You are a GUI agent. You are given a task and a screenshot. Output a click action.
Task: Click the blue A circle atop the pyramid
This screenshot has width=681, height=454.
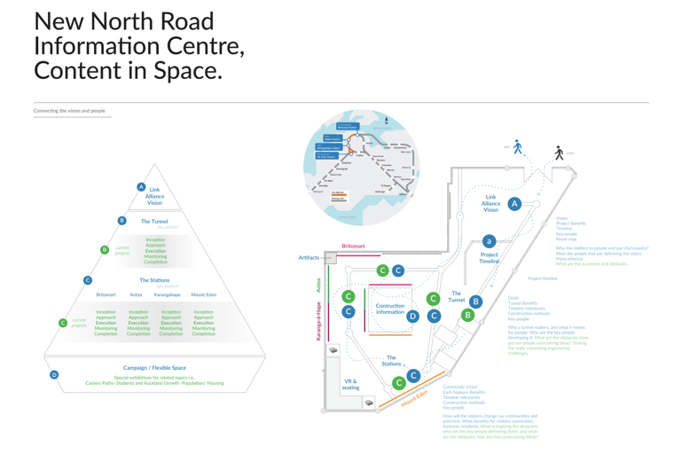click(x=141, y=187)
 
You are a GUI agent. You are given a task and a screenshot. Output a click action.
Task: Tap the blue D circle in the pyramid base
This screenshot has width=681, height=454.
click(x=54, y=375)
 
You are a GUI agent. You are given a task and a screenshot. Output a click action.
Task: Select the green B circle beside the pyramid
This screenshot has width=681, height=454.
click(x=105, y=250)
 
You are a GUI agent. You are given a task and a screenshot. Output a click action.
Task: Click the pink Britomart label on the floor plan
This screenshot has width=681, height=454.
click(x=353, y=247)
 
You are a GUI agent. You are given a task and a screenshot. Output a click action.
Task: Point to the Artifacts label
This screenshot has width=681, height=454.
click(x=309, y=258)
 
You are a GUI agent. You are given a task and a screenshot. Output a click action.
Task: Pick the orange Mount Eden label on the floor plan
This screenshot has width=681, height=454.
click(x=414, y=398)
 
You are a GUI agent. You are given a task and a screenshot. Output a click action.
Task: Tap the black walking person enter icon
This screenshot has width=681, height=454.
click(x=559, y=153)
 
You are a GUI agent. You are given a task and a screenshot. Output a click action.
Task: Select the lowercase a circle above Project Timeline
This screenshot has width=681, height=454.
click(x=489, y=241)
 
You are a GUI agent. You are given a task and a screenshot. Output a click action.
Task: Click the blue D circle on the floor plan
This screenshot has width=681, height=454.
click(x=412, y=316)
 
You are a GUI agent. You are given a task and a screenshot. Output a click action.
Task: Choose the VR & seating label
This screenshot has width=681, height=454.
click(x=351, y=384)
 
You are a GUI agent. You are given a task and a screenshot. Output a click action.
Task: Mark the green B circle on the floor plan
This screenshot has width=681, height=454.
click(x=467, y=314)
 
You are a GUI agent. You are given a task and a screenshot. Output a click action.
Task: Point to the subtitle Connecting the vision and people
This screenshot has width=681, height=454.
click(x=69, y=111)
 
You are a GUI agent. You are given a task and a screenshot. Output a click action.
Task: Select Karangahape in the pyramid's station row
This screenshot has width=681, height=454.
click(x=167, y=294)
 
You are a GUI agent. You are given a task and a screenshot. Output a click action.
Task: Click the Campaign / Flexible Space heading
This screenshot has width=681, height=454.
click(x=154, y=367)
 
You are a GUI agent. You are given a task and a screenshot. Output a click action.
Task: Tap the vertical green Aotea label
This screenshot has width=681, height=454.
click(x=319, y=285)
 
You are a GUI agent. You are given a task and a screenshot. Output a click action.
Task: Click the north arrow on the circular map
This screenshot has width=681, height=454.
click(x=386, y=121)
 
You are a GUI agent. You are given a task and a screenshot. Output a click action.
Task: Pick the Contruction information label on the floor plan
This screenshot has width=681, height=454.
click(x=390, y=309)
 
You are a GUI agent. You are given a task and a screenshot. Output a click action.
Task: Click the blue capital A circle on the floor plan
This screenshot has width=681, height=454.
click(x=514, y=204)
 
